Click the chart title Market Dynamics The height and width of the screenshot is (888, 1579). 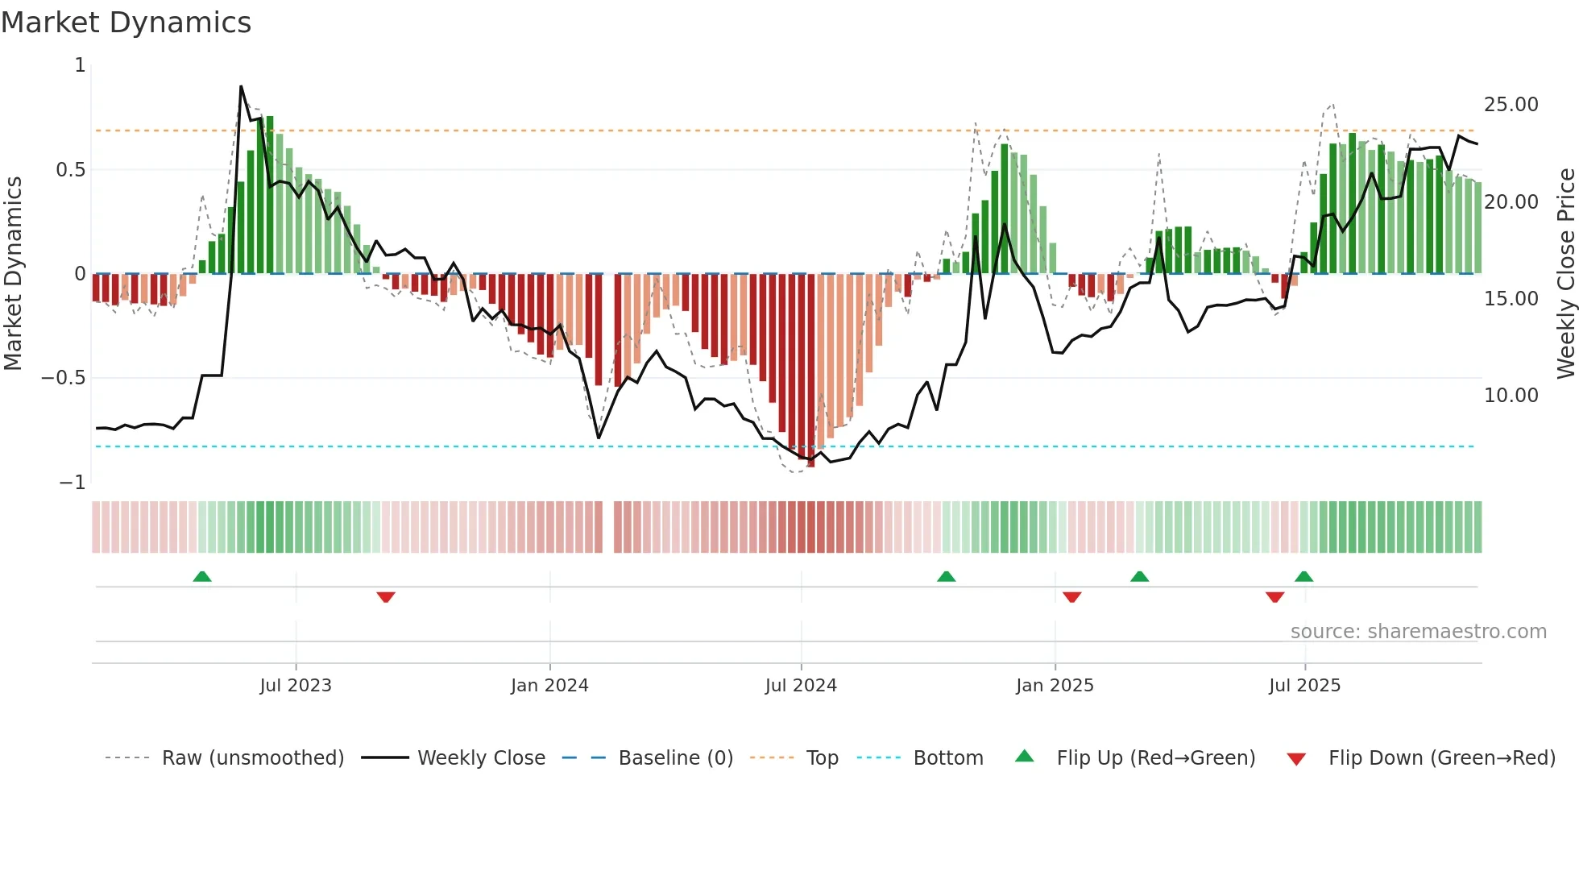126,23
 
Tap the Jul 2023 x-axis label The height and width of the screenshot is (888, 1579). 296,686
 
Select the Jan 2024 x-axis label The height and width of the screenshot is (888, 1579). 549,686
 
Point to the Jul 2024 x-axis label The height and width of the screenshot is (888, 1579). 801,686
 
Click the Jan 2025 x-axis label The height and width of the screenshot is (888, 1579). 1055,686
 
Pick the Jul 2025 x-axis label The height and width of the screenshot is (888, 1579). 1304,686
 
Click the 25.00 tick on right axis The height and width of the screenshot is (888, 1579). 1511,105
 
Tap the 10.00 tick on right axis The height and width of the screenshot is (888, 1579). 1511,396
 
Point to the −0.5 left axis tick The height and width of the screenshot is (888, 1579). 64,378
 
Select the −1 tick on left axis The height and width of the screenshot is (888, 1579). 73,483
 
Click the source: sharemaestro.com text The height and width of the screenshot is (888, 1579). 1418,632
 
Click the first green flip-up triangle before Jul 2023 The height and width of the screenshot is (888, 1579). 202,577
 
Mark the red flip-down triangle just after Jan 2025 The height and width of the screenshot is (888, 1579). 1071,597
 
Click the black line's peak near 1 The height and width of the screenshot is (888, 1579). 241,86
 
